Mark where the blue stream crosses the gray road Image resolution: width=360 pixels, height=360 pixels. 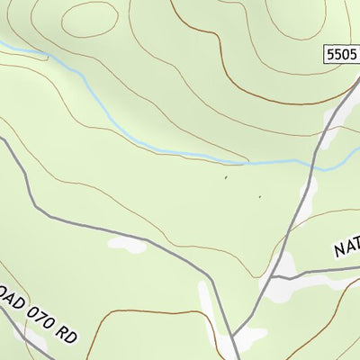pyautogui.click(x=313, y=165)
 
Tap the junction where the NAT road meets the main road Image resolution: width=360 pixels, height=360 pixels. pyautogui.click(x=272, y=275)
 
